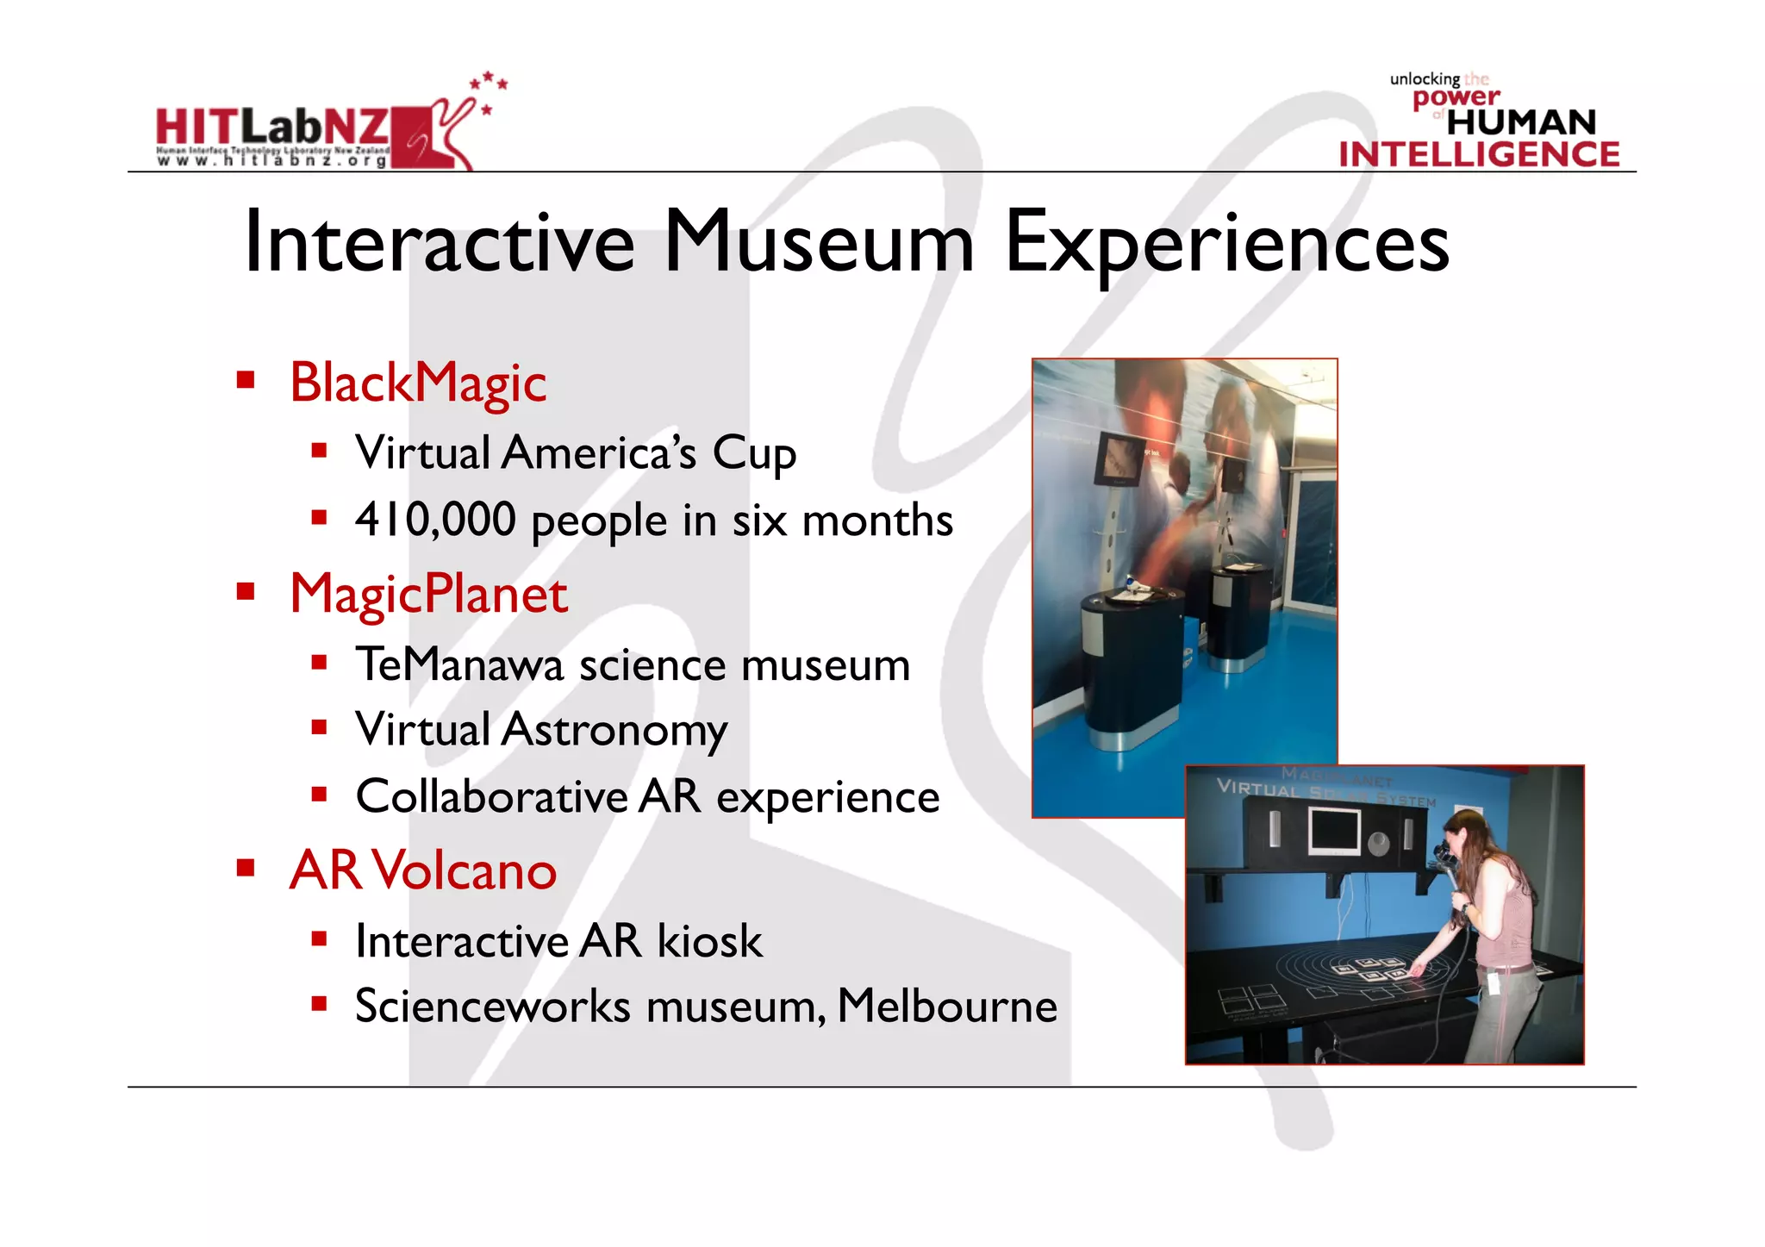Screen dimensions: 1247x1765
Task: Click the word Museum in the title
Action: click(x=819, y=242)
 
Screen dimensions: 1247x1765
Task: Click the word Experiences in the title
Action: click(x=1226, y=244)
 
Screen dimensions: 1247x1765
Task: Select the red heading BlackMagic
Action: click(x=418, y=383)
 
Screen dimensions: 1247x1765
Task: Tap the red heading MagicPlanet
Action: click(x=428, y=594)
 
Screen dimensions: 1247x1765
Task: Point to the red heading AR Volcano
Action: click(x=423, y=870)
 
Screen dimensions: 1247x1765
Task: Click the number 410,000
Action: click(x=435, y=520)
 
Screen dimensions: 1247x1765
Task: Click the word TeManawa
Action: click(x=458, y=664)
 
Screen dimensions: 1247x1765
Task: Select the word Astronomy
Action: click(x=614, y=730)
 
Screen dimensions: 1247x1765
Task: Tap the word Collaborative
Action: click(x=491, y=796)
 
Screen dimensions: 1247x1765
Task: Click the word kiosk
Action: click(x=709, y=940)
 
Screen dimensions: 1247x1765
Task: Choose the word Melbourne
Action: click(x=946, y=1006)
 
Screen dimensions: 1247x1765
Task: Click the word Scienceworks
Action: click(x=493, y=1006)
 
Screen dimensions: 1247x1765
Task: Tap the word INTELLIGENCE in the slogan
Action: click(x=1479, y=154)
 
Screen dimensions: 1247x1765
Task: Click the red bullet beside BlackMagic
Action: click(x=246, y=380)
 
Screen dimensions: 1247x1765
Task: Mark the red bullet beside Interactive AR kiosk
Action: click(x=320, y=938)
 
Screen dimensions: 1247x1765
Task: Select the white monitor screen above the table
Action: click(x=1333, y=832)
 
